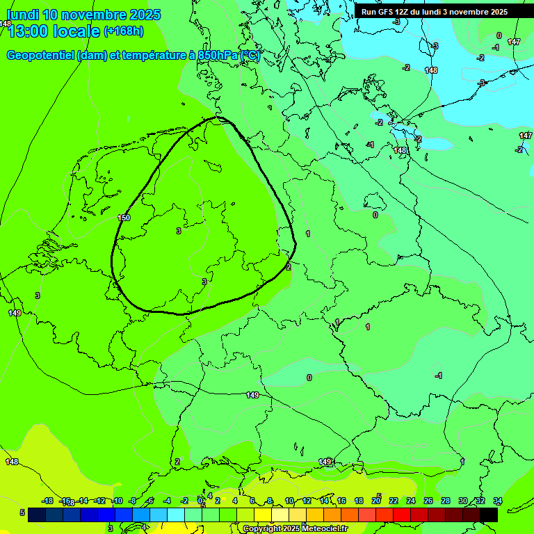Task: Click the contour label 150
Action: pos(124,218)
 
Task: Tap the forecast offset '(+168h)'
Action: pos(123,31)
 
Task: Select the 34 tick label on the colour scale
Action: pos(497,501)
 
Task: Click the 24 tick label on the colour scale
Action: pos(410,501)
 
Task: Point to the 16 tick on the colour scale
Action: pos(341,501)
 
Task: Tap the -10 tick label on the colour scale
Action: pos(117,501)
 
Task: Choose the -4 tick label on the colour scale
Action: pos(167,501)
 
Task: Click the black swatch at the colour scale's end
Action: pos(488,514)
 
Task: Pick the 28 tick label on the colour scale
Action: pos(445,501)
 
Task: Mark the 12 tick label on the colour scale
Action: pos(306,501)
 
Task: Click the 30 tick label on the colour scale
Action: pos(462,501)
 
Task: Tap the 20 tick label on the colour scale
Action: pos(376,501)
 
